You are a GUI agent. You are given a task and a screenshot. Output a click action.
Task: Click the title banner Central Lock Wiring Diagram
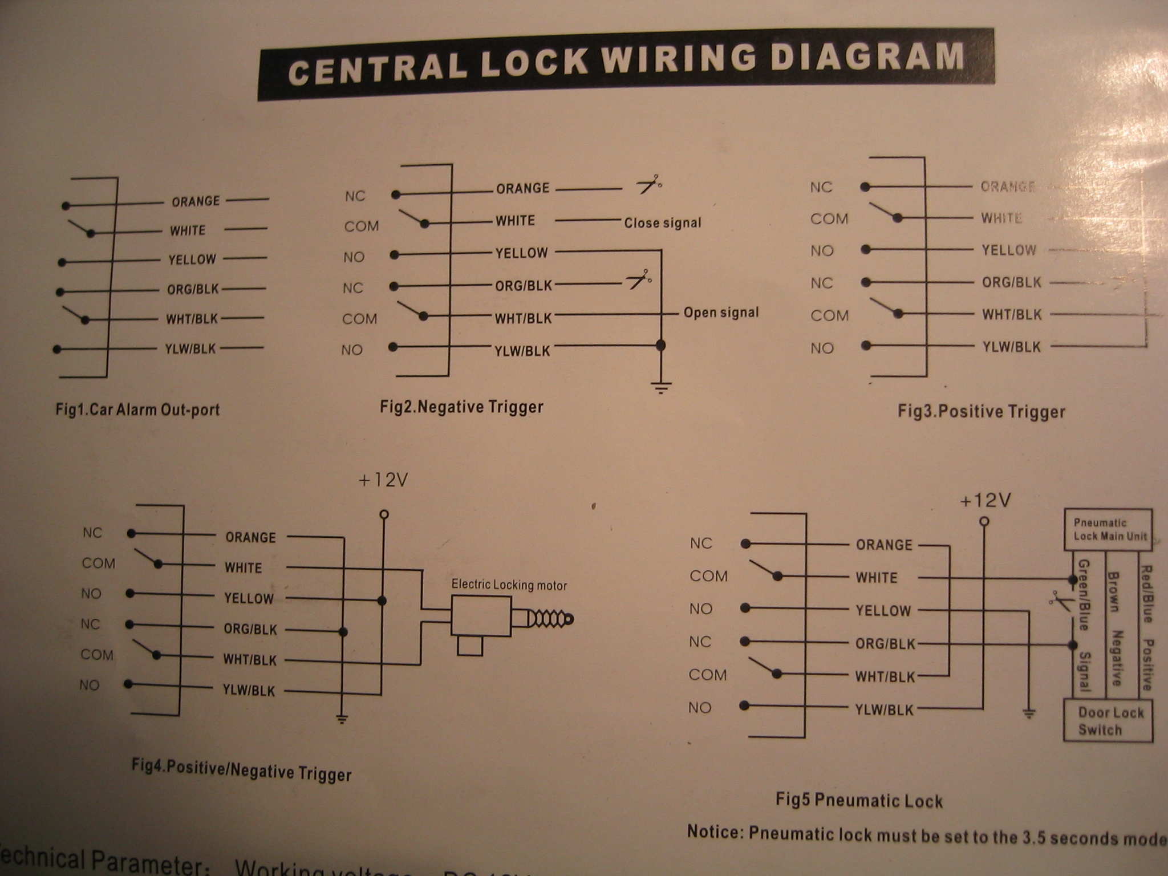click(626, 64)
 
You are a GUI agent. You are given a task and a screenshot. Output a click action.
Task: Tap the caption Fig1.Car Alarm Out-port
click(137, 409)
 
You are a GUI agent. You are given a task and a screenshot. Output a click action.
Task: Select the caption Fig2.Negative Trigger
click(461, 407)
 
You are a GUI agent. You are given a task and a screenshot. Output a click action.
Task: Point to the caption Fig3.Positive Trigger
click(981, 412)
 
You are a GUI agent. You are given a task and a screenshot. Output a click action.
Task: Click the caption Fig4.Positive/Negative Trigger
click(241, 770)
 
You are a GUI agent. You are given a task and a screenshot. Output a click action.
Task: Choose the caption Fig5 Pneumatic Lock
click(859, 800)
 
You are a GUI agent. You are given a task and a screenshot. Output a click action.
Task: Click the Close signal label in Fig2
click(662, 223)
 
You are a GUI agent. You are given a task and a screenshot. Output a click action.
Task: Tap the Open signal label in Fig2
click(721, 313)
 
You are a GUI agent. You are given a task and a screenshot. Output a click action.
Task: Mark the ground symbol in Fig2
click(660, 388)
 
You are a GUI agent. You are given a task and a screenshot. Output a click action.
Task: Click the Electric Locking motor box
click(480, 616)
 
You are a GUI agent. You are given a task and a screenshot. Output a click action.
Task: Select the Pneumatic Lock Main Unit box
click(1108, 530)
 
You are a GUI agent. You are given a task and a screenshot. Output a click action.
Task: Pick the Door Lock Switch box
click(1108, 721)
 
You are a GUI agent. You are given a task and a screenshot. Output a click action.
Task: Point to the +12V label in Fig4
click(383, 480)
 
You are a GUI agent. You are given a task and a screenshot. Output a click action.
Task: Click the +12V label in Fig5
click(985, 501)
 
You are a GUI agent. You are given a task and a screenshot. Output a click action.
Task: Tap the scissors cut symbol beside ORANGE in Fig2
click(649, 184)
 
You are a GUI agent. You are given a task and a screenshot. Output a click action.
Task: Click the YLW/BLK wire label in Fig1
click(190, 348)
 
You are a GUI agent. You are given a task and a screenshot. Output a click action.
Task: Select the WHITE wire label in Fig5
click(877, 578)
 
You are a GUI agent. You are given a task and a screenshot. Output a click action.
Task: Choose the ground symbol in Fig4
click(342, 719)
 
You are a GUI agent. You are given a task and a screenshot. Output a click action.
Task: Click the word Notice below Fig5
click(715, 832)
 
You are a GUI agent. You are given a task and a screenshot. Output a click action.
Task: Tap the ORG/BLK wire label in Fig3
click(1011, 282)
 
